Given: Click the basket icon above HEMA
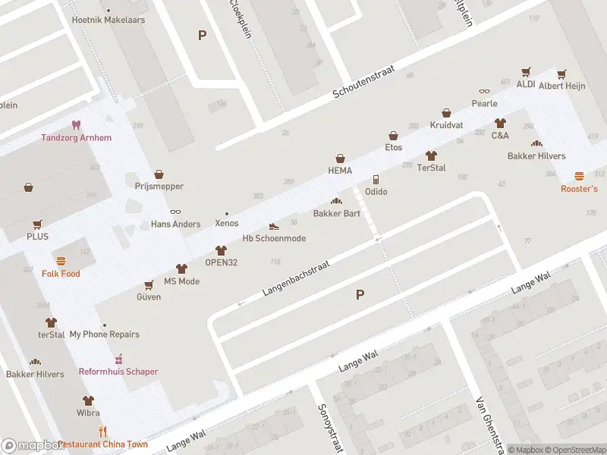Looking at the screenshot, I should tap(341, 158).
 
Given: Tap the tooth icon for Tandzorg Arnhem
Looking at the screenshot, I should tap(76, 125).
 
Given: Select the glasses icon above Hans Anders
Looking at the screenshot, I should tap(175, 212).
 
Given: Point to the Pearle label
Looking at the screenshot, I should tap(484, 103).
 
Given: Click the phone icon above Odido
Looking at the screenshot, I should tap(376, 180).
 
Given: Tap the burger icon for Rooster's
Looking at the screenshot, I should tap(579, 176).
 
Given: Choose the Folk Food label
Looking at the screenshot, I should tap(61, 274).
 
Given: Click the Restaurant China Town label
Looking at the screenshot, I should tap(102, 444).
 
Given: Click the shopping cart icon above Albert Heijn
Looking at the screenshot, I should tap(561, 74).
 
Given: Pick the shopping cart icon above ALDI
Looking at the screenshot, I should tap(525, 72).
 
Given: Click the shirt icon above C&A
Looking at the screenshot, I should tap(500, 123).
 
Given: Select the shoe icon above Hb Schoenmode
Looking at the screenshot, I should tap(274, 226).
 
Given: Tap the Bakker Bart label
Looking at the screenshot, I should tap(336, 214).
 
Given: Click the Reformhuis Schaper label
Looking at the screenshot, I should tap(118, 372).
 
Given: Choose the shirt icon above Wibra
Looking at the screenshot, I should tap(88, 400).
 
